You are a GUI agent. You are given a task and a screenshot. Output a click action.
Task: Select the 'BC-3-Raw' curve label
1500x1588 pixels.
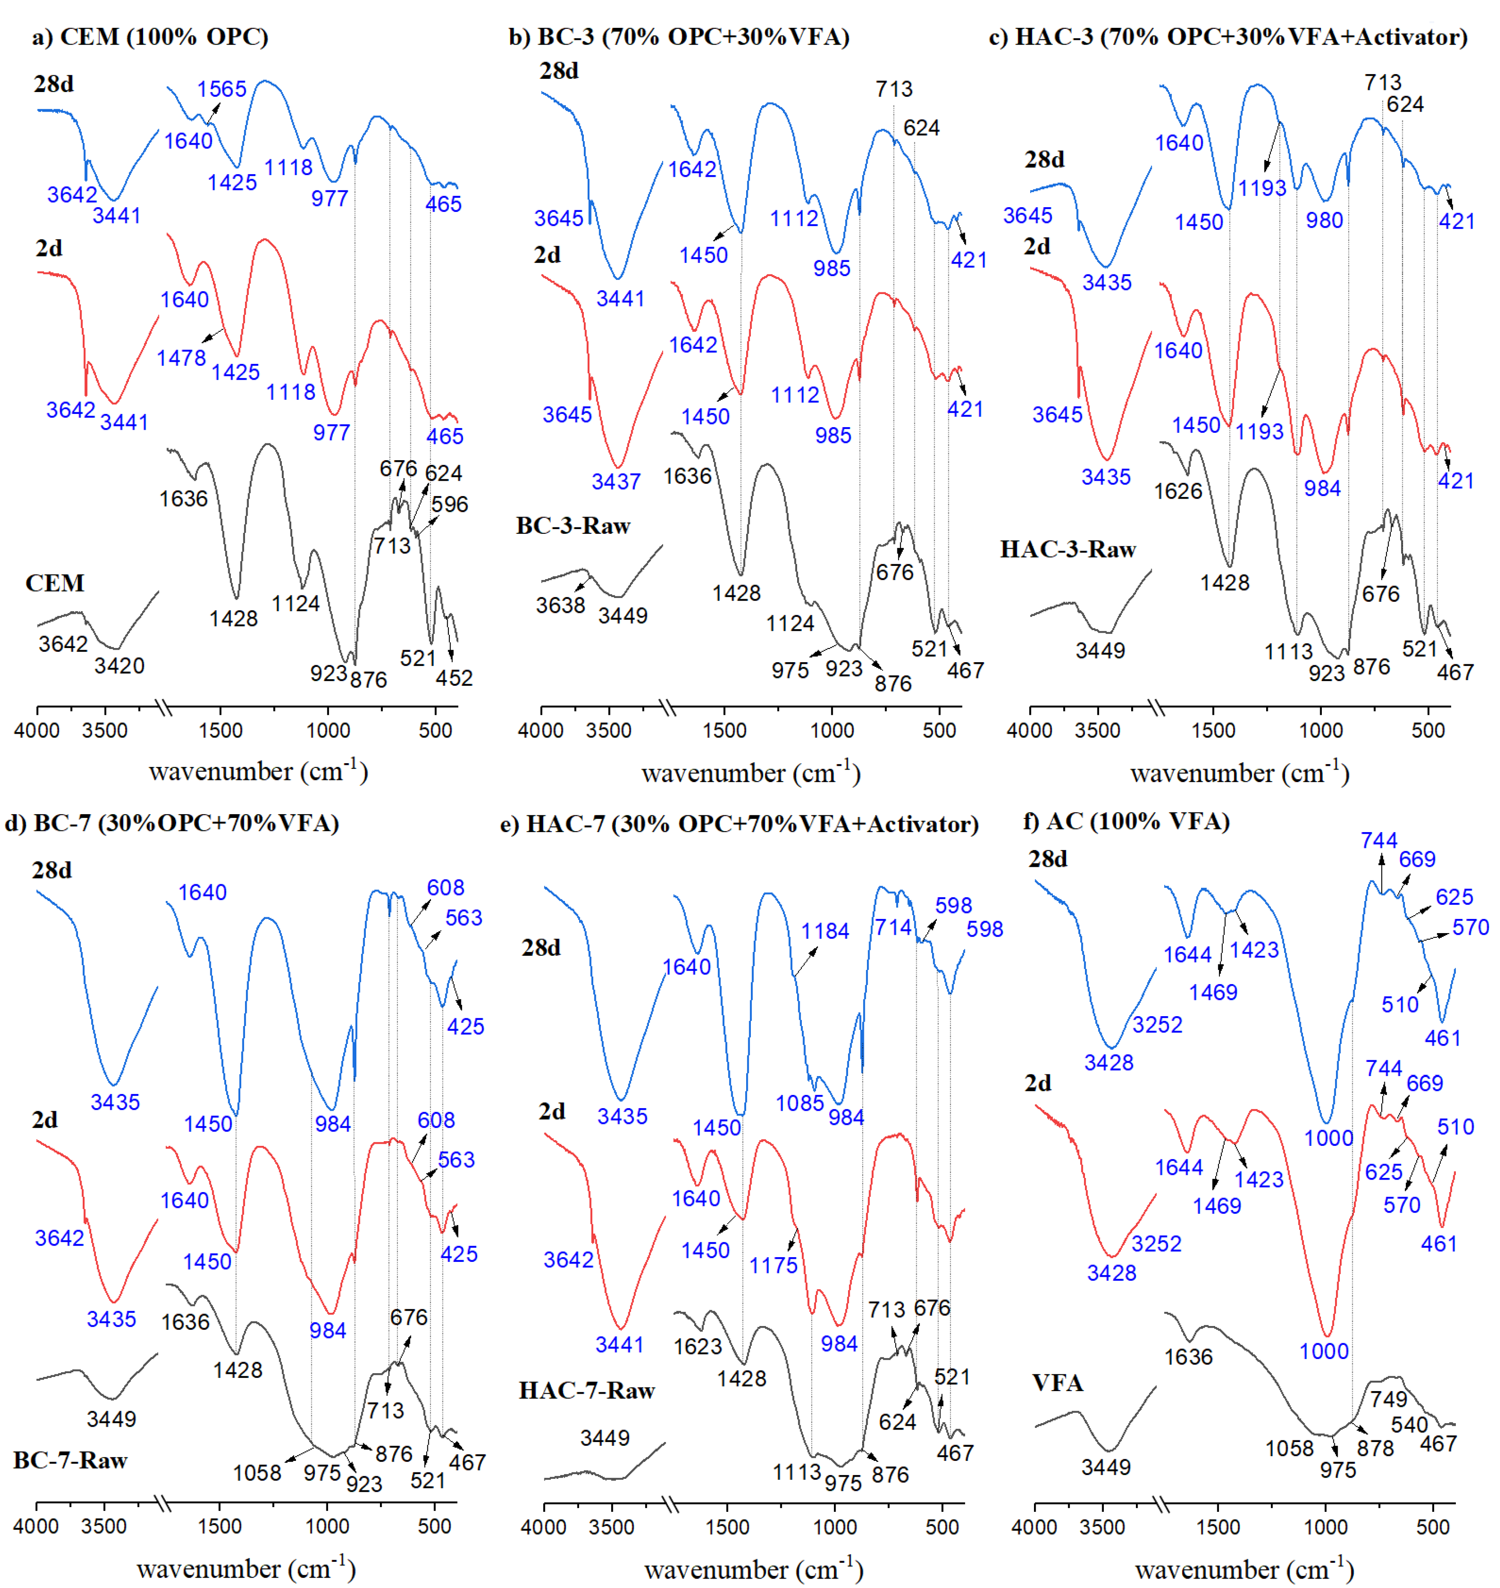[x=573, y=526]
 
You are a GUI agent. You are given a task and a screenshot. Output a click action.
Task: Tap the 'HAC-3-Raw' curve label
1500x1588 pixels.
[x=1067, y=549]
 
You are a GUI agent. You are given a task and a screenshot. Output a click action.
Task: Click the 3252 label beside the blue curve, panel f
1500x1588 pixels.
[x=1157, y=1025]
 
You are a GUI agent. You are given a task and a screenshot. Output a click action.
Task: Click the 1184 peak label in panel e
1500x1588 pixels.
[x=825, y=931]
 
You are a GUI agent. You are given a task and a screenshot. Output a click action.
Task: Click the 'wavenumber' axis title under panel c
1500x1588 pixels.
[x=1239, y=773]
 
